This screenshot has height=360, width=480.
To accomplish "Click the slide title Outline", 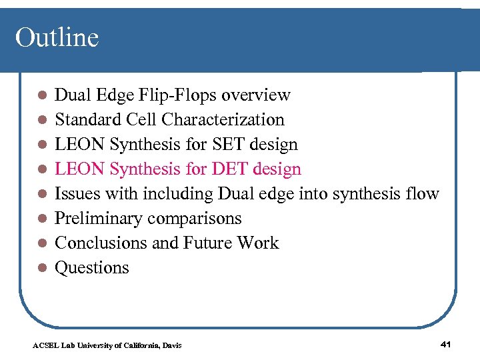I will point(57,37).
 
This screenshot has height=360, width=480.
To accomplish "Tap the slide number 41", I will point(446,344).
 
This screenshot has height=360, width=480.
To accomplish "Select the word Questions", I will point(92,268).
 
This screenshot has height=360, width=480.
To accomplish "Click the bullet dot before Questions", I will point(41,269).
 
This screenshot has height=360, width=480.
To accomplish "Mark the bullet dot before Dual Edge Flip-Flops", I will point(41,96).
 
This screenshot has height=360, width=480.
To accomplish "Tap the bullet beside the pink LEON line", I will point(41,170).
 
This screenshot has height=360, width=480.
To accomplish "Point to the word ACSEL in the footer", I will point(43,345).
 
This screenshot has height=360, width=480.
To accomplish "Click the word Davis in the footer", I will point(171,345).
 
